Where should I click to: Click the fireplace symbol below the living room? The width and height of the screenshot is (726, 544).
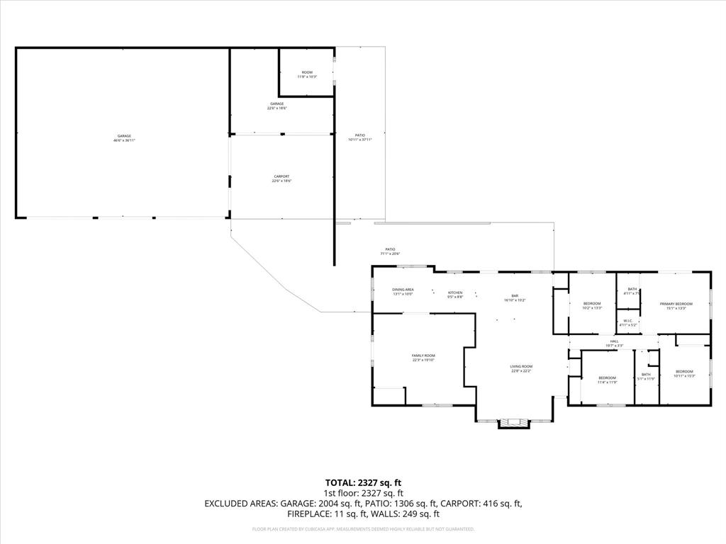(x=514, y=424)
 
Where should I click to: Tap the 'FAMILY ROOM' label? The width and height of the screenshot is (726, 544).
(x=423, y=356)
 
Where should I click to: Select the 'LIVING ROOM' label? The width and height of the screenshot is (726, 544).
(x=521, y=366)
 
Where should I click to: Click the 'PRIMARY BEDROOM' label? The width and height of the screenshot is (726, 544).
(x=676, y=304)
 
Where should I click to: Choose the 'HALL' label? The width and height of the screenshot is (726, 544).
(x=614, y=342)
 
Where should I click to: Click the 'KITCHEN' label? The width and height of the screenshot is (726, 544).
(x=455, y=293)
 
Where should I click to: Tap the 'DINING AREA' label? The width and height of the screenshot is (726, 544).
(x=403, y=289)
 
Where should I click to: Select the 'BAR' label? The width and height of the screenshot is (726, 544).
(x=515, y=295)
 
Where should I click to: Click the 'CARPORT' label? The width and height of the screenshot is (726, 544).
(x=281, y=176)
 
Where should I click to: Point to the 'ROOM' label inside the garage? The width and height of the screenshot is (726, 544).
(x=306, y=72)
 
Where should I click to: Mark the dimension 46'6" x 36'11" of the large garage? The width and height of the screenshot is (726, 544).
(x=124, y=140)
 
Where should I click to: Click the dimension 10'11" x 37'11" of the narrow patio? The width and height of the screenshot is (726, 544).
(x=359, y=140)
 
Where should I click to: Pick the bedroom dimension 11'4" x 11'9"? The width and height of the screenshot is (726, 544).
(x=608, y=382)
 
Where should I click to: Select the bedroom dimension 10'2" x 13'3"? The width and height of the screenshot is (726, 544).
(x=592, y=308)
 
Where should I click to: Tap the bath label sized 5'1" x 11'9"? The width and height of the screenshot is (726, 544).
(x=646, y=375)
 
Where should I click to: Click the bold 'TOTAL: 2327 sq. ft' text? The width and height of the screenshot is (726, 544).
(x=363, y=482)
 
